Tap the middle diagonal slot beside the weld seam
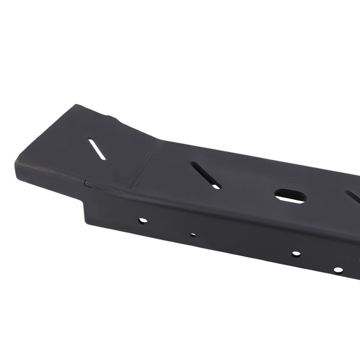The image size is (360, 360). (x=206, y=175)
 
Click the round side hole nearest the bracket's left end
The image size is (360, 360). (x=143, y=220)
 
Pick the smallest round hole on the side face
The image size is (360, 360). (x=193, y=235)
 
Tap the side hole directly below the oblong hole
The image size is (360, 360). (x=296, y=254)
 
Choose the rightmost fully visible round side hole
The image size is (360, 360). (x=338, y=270)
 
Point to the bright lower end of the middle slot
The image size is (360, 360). (x=216, y=186)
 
